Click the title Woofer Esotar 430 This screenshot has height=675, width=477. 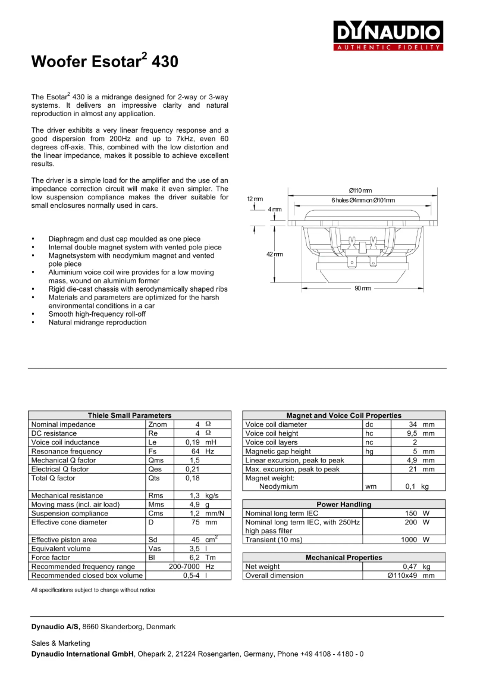tap(104, 61)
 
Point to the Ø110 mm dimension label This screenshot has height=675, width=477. tap(360, 190)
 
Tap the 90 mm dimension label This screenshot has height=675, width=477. tap(362, 288)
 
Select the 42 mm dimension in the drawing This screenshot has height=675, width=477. tap(274, 254)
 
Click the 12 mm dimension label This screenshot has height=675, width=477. tap(254, 199)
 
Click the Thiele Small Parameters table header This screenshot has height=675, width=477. tap(129, 415)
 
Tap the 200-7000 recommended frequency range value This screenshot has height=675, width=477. tap(183, 567)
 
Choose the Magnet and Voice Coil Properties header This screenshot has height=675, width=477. tap(344, 415)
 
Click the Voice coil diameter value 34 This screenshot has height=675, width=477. tap(413, 424)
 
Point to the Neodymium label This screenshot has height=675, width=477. tap(278, 486)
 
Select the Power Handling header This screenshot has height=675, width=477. tap(344, 504)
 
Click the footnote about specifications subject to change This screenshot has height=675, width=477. tap(93, 590)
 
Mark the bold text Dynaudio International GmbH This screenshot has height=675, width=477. tap(83, 654)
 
